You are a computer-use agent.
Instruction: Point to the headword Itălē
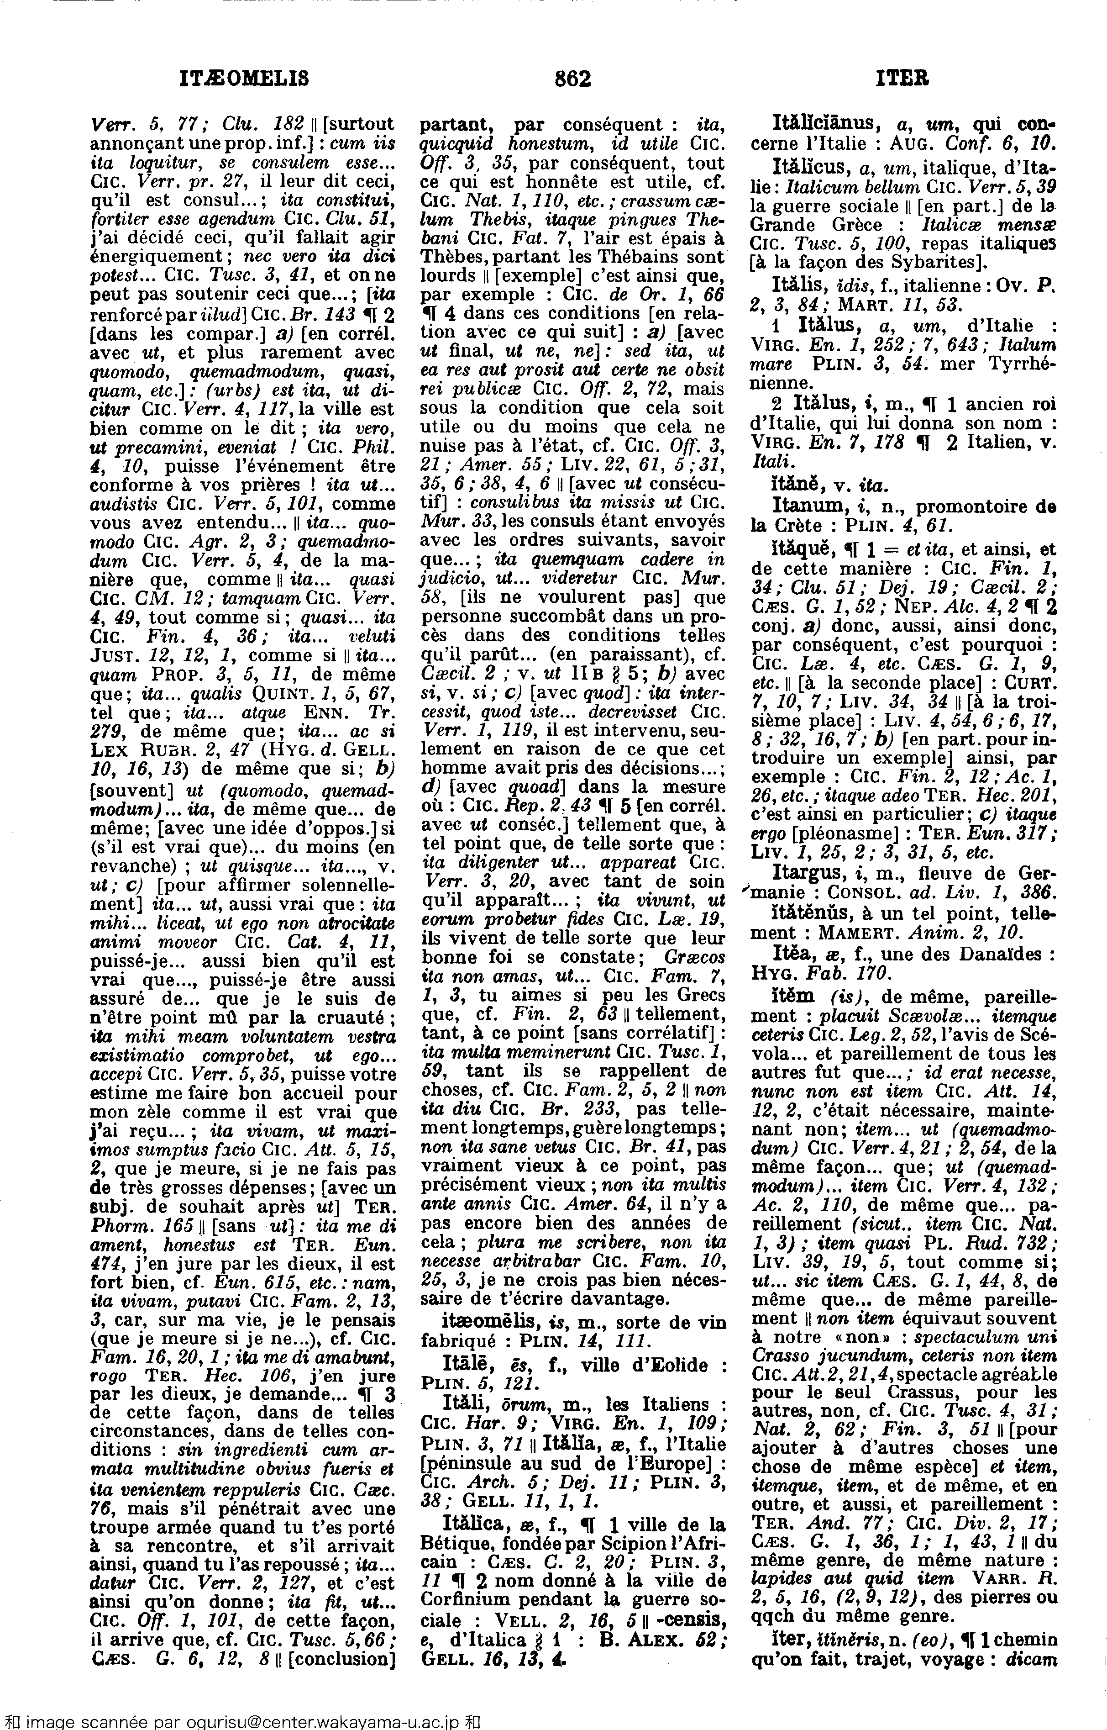click(x=465, y=1365)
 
